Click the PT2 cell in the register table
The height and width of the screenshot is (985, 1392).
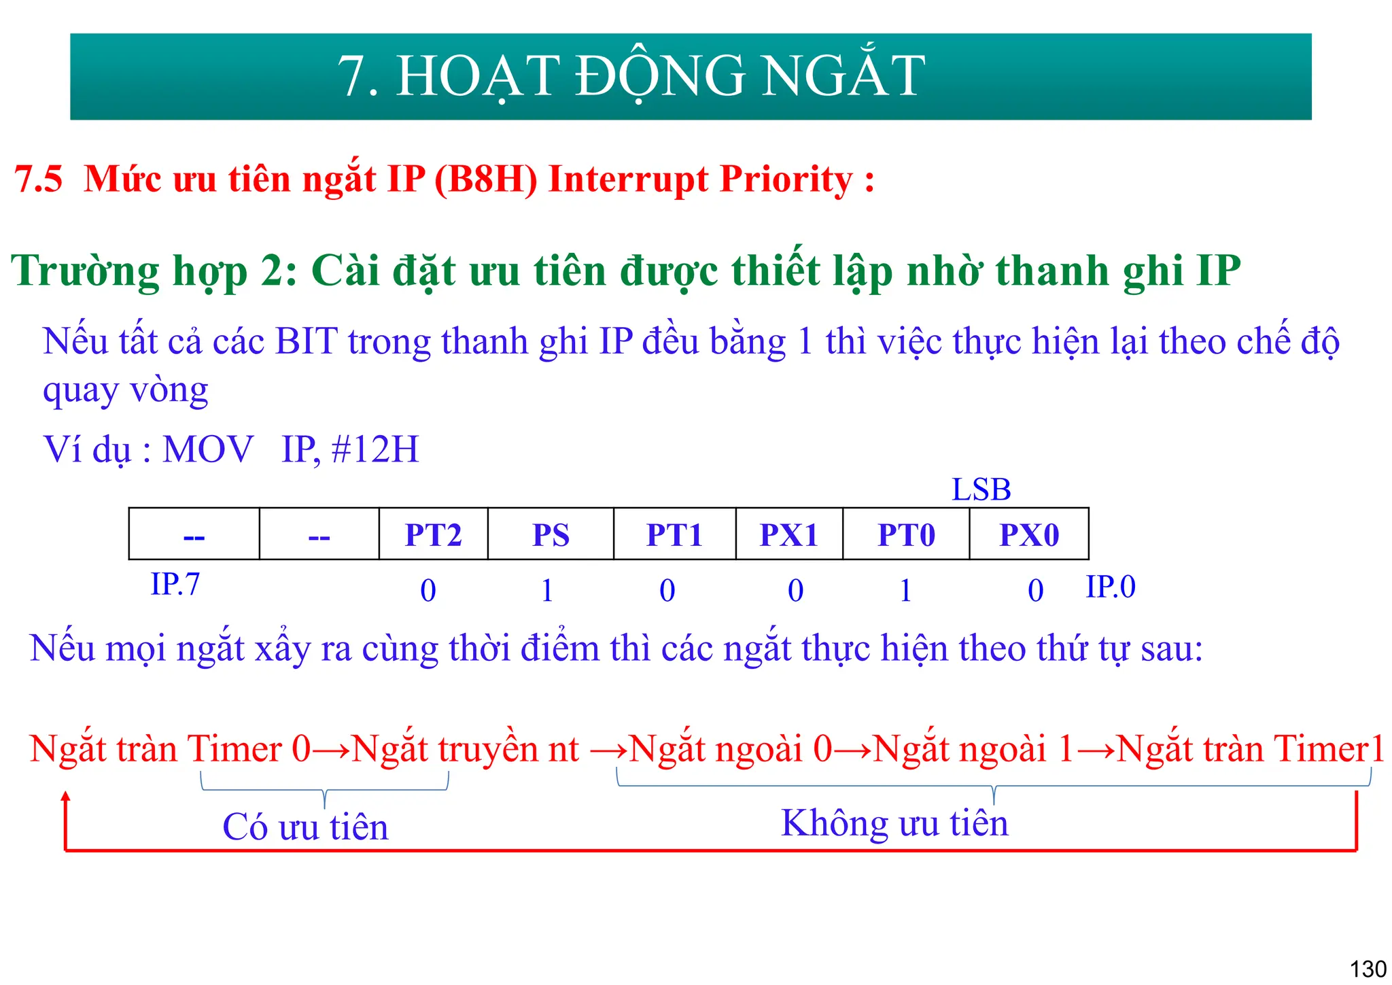tap(433, 534)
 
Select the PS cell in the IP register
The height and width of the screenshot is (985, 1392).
tap(551, 534)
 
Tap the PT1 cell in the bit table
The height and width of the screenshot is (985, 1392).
tap(674, 534)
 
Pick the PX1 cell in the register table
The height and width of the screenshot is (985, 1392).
tap(788, 534)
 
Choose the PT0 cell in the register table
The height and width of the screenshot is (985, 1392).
tap(906, 534)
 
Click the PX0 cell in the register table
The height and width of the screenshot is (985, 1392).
tap(1029, 534)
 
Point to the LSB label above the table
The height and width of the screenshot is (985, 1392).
tap(981, 489)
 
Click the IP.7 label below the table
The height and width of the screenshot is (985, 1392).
tap(175, 585)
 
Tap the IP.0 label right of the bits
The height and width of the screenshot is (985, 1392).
tap(1111, 587)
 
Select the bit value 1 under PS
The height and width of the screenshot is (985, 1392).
tap(547, 590)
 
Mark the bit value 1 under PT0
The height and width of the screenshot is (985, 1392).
tap(905, 590)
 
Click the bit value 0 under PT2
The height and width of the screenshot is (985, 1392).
tap(428, 590)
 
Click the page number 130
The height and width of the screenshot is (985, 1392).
tap(1368, 968)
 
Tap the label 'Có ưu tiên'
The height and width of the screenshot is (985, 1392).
tap(305, 827)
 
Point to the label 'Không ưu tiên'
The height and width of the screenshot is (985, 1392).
tap(894, 823)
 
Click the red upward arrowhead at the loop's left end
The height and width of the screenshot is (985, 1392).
tap(66, 798)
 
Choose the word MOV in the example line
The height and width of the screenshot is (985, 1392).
tap(208, 449)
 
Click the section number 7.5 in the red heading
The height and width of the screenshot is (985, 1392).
tap(39, 179)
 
